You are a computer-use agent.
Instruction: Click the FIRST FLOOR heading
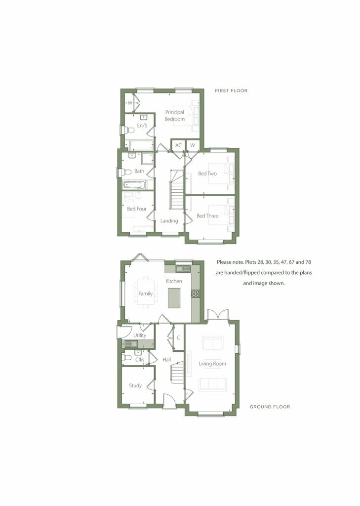pos(231,91)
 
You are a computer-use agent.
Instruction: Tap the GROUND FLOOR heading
pos(270,407)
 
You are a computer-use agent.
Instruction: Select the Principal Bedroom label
pos(175,116)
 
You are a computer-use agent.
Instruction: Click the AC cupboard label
pos(178,145)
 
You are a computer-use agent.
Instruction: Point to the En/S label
pos(142,126)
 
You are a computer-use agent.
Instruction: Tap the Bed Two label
pos(207,174)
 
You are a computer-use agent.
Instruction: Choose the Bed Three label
pos(207,216)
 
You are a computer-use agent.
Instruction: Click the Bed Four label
pos(137,209)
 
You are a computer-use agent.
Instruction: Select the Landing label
pos(169,221)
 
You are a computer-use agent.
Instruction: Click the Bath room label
pos(139,171)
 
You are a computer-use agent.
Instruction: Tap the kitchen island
pos(175,298)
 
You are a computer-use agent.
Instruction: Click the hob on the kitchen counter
pos(196,293)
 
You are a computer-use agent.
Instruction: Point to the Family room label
pos(146,294)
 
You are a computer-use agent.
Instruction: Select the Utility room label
pos(140,336)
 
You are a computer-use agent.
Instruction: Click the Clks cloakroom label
pos(140,360)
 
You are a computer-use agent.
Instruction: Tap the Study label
pos(135,385)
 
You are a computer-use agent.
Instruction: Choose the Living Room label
pos(212,364)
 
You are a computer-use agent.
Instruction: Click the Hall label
pos(167,360)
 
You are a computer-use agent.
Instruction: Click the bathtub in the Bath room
pos(134,185)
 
